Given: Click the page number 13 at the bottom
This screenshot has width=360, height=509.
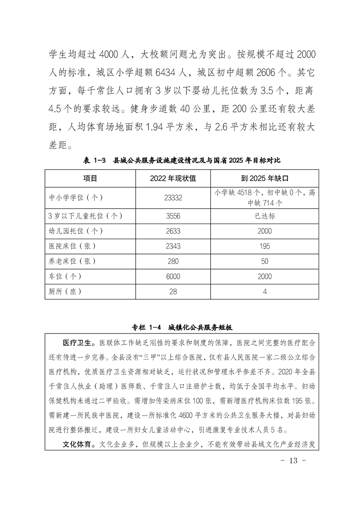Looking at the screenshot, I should tap(292, 460).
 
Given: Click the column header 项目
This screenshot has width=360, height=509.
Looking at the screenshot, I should tap(90, 178).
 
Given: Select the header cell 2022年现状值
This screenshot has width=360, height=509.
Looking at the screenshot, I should tap(173, 178).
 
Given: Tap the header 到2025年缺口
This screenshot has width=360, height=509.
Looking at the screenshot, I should tap(265, 178).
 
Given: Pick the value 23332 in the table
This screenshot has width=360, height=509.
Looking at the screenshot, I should tap(173, 197).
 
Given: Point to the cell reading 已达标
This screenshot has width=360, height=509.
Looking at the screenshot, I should tap(265, 216).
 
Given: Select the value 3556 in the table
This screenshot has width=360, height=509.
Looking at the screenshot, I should tap(173, 216).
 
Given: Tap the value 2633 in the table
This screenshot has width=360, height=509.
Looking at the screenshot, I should tap(173, 231).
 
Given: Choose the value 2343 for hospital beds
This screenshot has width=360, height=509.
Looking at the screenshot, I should tap(173, 246).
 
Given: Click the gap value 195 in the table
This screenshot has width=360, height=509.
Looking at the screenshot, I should tap(265, 246).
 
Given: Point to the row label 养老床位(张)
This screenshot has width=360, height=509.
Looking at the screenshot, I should tap(73, 261).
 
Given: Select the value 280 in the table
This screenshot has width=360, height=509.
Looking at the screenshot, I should tap(173, 261).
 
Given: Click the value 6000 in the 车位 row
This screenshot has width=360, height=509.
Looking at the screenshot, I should tap(173, 276).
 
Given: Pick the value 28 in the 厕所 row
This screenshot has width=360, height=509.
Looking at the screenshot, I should tap(173, 291).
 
